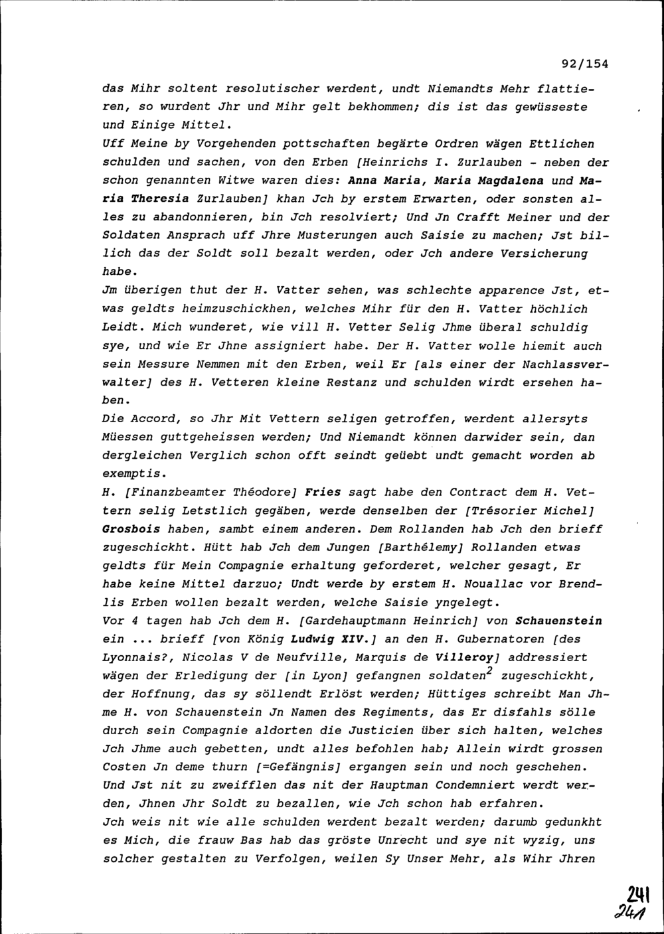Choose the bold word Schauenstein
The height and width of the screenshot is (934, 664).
coord(559,621)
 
